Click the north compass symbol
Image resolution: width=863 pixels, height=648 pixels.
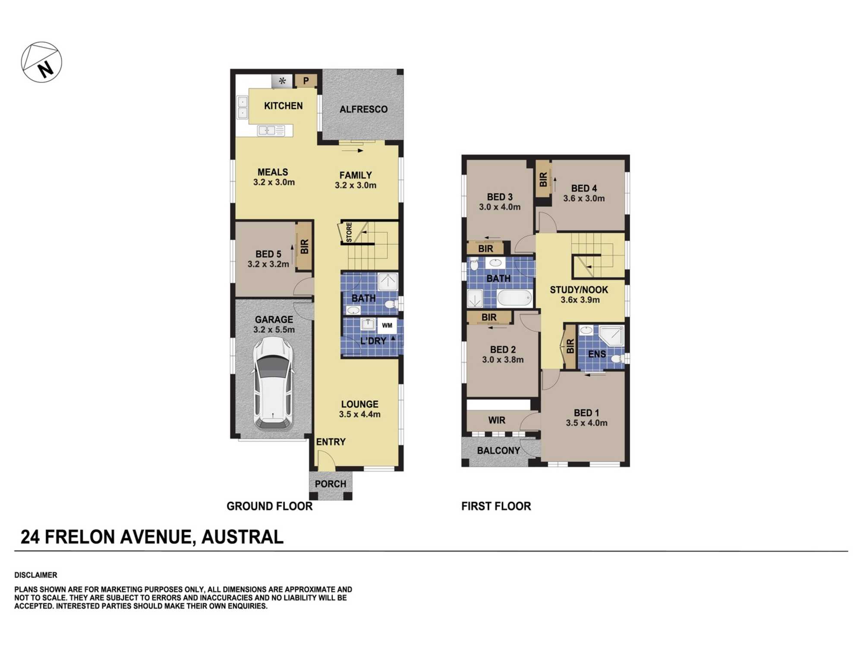tap(41, 62)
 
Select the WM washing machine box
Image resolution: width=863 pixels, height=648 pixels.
tap(387, 325)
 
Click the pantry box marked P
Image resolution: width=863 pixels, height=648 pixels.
tap(306, 81)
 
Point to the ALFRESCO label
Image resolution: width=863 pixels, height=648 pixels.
tap(363, 109)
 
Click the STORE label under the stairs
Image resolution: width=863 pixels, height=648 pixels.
tap(349, 232)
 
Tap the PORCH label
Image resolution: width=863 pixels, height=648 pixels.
tap(330, 484)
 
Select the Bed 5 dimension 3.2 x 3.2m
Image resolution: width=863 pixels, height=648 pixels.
tap(268, 264)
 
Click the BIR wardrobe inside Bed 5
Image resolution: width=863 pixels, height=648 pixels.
tap(305, 246)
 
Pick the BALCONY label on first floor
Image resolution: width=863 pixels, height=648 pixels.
tap(498, 451)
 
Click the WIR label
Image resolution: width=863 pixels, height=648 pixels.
tap(497, 420)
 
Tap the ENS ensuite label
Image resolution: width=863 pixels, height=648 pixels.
tap(597, 354)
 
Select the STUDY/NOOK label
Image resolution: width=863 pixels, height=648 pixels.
tap(579, 290)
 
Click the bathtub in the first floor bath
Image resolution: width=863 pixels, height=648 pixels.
tap(514, 298)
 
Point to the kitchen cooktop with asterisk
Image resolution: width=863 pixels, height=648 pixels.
tap(282, 81)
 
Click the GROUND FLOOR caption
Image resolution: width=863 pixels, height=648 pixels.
tap(269, 506)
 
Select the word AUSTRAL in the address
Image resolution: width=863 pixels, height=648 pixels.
tap(242, 537)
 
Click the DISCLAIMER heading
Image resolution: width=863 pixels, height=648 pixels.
tap(35, 575)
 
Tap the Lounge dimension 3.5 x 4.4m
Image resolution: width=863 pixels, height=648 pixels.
tap(359, 414)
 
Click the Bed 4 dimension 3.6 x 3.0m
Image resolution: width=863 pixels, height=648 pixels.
tap(583, 198)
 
